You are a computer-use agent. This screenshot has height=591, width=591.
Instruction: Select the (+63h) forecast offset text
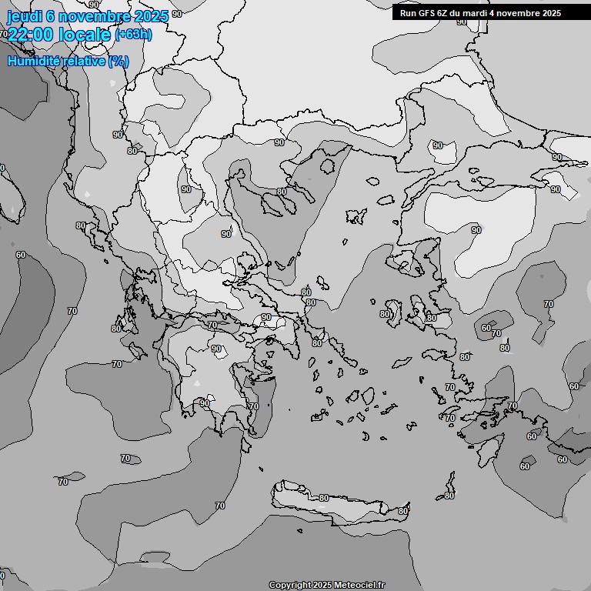tap(133, 35)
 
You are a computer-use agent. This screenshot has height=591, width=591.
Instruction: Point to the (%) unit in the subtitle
tap(119, 61)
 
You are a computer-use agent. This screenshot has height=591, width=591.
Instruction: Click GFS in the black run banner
tap(427, 13)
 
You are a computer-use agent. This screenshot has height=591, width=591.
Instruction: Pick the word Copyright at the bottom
tap(289, 585)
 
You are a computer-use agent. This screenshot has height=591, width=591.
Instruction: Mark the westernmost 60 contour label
tap(21, 255)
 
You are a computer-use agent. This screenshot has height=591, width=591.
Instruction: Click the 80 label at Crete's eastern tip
tap(402, 511)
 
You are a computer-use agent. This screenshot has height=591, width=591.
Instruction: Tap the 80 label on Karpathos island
tap(449, 496)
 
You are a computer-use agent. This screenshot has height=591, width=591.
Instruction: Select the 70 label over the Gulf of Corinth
tap(212, 326)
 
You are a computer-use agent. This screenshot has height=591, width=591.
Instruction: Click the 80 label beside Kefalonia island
tap(115, 329)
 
